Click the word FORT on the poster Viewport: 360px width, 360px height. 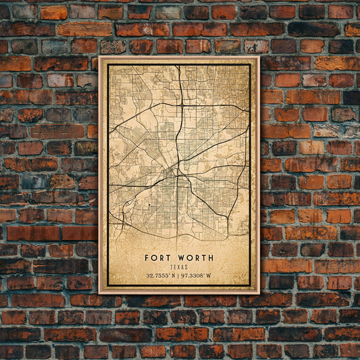159,257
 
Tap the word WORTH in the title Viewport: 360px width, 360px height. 195,257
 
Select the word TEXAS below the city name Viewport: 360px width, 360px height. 179,267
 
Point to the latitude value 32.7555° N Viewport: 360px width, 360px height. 159,276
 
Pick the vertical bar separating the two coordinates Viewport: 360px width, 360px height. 178,276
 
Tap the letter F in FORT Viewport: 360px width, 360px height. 147,257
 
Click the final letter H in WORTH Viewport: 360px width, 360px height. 211,257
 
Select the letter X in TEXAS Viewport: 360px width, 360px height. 179,267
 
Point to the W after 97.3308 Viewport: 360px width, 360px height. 210,276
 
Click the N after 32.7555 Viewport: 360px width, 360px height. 172,276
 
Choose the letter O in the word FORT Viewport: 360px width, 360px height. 155,257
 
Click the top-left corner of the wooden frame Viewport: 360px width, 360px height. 99,57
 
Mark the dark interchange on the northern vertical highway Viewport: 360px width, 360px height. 182,107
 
